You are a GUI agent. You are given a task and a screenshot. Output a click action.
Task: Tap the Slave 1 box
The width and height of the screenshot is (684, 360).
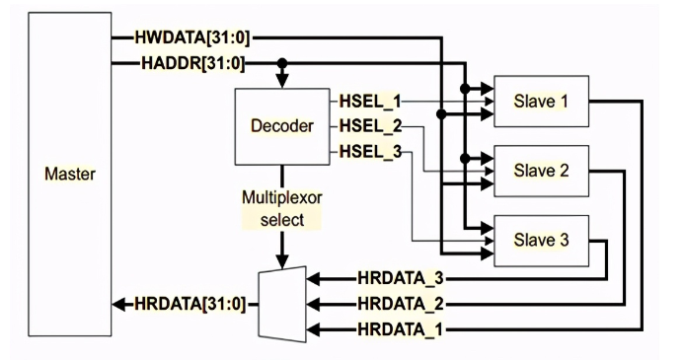[541, 102]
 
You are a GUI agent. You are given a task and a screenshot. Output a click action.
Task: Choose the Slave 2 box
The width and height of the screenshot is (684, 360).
[541, 170]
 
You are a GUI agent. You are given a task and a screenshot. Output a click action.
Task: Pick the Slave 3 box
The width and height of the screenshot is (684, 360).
[541, 238]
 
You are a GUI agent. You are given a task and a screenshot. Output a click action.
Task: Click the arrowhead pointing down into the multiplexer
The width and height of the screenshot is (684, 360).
[284, 262]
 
